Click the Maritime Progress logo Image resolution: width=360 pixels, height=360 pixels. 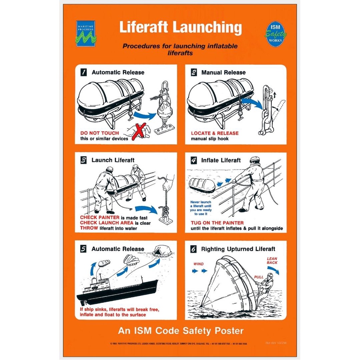pyautogui.click(x=85, y=34)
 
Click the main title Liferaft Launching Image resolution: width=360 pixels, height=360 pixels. pyautogui.click(x=180, y=27)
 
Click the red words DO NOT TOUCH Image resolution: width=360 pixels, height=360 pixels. pyautogui.click(x=99, y=133)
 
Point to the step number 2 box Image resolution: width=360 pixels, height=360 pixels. pyautogui.click(x=194, y=72)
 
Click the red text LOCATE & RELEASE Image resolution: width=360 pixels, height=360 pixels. pyautogui.click(x=214, y=133)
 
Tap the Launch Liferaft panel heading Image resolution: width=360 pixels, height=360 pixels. pyautogui.click(x=113, y=160)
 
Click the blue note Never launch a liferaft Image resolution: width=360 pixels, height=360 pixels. pyautogui.click(x=201, y=208)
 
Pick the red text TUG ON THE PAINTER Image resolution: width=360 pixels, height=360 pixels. pyautogui.click(x=217, y=223)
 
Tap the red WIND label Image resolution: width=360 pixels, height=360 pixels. pyautogui.click(x=199, y=264)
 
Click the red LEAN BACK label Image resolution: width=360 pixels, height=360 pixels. pyautogui.click(x=272, y=261)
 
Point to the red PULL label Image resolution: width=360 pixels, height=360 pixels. pyautogui.click(x=259, y=277)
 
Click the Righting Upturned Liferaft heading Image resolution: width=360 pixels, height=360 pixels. pyautogui.click(x=238, y=249)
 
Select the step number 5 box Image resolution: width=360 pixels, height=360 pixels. pyautogui.click(x=84, y=249)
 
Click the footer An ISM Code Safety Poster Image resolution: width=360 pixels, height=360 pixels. pyautogui.click(x=180, y=331)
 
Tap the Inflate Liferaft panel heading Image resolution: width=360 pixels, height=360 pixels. pyautogui.click(x=221, y=160)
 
